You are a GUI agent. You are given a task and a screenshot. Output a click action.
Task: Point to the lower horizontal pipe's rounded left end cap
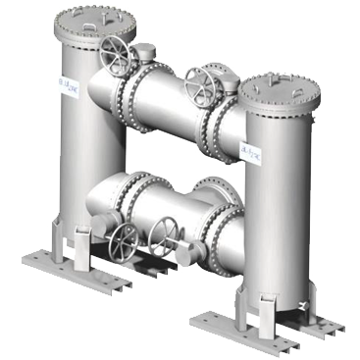[x=95, y=201]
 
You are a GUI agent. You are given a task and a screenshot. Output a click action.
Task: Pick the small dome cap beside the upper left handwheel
[x=144, y=54]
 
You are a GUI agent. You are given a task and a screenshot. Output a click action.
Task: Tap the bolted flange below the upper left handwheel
[x=127, y=93]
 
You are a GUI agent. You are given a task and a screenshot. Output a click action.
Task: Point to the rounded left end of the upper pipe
[x=95, y=93]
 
